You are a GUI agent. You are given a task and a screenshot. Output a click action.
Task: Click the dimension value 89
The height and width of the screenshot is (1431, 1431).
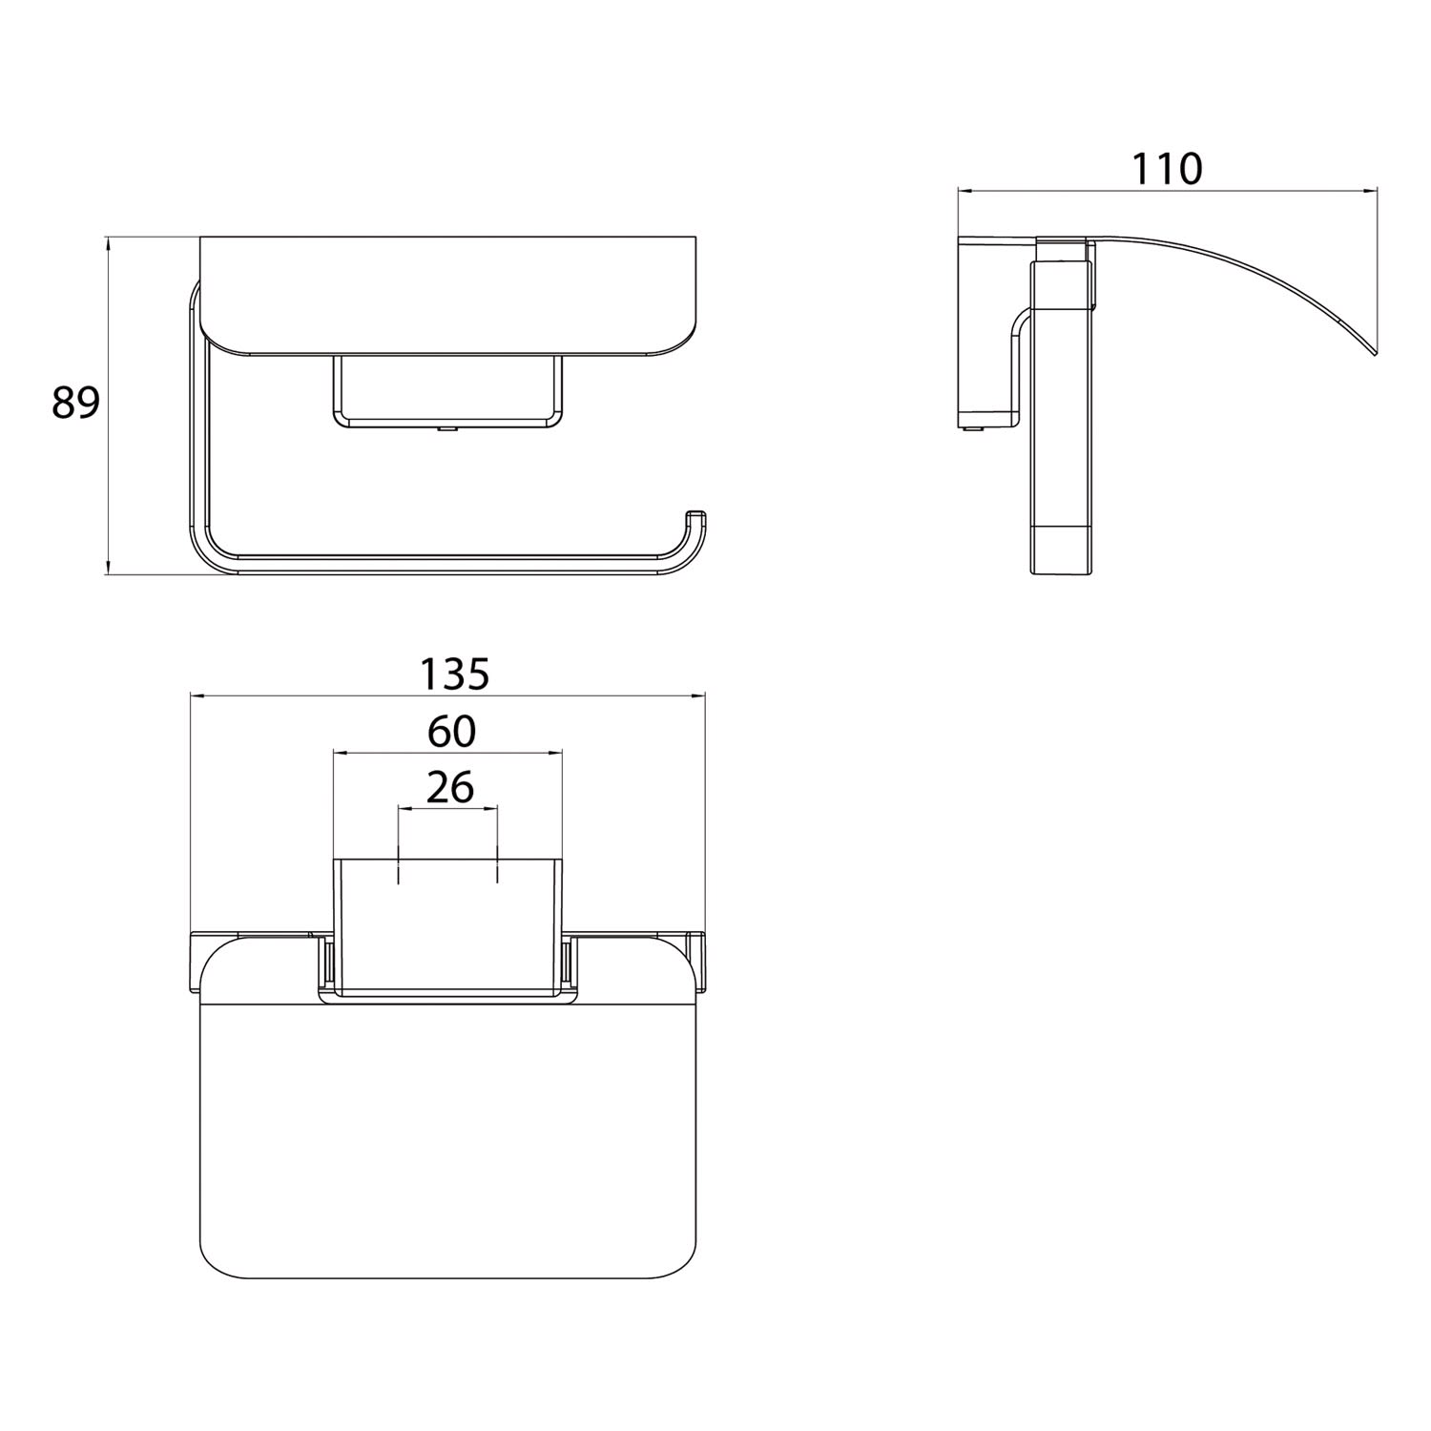75,404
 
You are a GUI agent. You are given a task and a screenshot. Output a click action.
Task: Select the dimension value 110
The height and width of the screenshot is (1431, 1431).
1167,169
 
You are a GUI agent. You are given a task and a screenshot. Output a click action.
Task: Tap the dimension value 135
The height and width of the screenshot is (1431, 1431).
455,674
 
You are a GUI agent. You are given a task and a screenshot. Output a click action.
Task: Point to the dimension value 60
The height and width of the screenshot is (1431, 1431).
451,732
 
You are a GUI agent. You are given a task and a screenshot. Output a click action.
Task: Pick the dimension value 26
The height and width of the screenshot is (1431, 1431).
450,788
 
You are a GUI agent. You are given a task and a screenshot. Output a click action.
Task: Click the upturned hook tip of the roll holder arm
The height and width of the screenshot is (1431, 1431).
697,515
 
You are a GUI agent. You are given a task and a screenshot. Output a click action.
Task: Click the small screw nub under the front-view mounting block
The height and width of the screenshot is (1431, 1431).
446,430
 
